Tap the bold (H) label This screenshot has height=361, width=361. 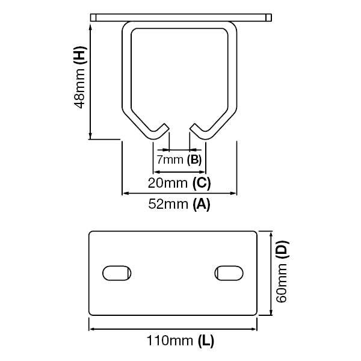pos(79,57)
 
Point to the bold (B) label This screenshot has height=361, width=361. pos(194,160)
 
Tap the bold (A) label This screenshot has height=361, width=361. pos(201,205)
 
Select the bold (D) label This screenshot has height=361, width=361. pos(283,248)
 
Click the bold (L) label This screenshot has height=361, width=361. pos(205,342)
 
